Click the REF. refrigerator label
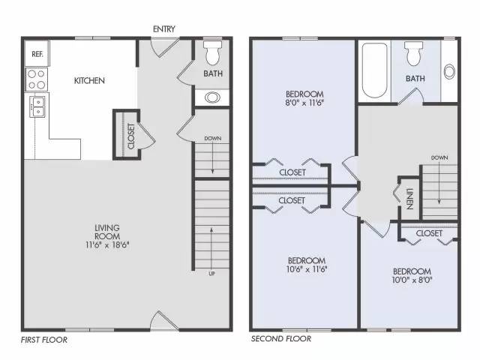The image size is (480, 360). click(x=37, y=54)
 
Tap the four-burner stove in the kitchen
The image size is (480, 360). click(x=37, y=79)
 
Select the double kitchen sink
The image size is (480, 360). click(x=37, y=106)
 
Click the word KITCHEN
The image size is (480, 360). click(x=89, y=81)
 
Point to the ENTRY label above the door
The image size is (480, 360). click(x=164, y=29)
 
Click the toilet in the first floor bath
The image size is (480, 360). click(x=213, y=52)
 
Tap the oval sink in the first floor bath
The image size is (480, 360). click(x=212, y=97)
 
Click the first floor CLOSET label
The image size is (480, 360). click(x=131, y=136)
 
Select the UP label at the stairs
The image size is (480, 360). click(x=211, y=274)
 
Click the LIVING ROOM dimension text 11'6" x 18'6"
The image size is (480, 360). click(x=107, y=245)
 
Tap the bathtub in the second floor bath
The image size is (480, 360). click(x=375, y=70)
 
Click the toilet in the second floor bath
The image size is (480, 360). click(x=413, y=54)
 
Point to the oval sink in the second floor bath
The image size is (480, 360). click(x=449, y=72)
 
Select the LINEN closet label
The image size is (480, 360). click(x=409, y=199)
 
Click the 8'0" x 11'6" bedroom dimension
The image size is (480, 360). click(x=304, y=103)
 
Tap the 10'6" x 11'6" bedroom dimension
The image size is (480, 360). click(x=307, y=269)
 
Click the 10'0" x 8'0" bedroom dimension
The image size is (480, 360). click(x=412, y=280)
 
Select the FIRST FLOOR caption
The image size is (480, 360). click(x=44, y=340)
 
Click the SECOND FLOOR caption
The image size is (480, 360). click(x=281, y=339)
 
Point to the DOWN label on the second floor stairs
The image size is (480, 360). click(x=439, y=158)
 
